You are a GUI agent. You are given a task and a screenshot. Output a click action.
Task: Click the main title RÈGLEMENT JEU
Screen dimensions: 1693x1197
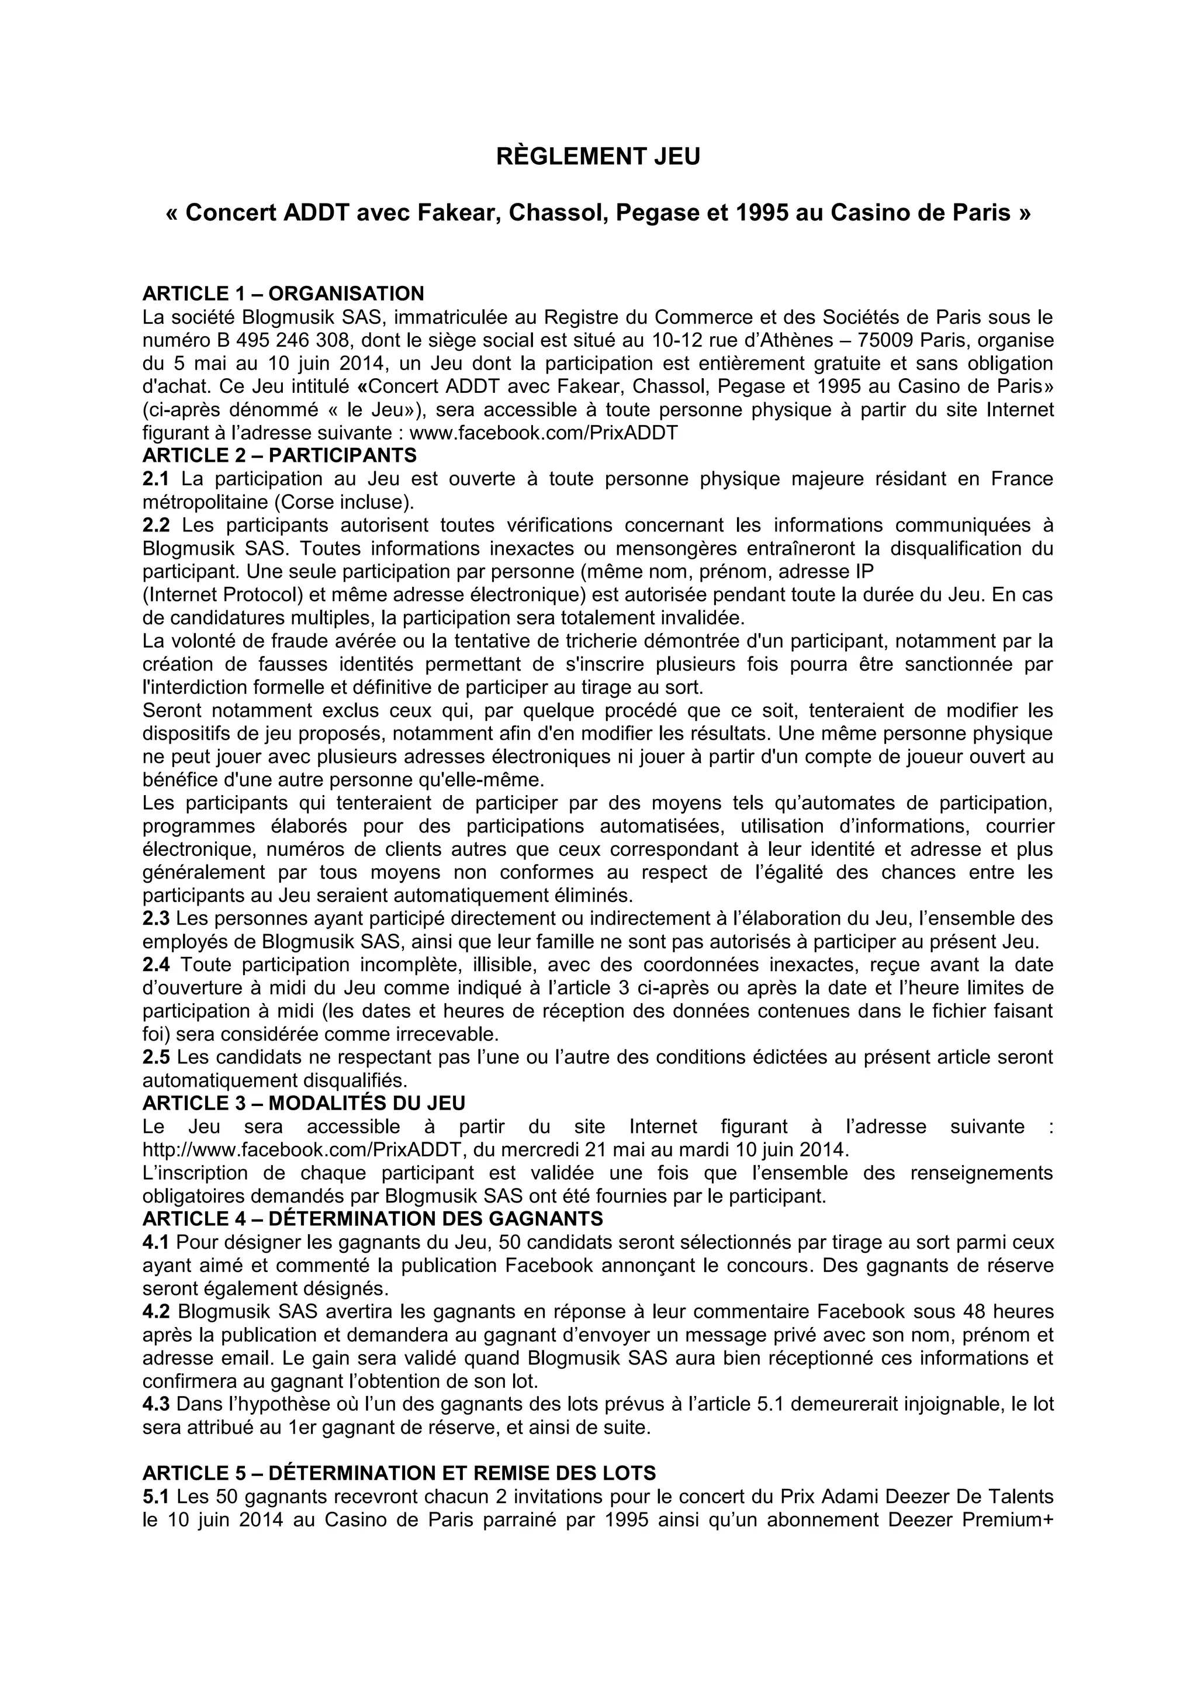598,157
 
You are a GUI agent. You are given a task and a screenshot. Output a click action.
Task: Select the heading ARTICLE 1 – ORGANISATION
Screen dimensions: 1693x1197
283,293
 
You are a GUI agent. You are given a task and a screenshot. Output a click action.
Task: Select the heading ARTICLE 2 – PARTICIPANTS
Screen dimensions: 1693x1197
279,455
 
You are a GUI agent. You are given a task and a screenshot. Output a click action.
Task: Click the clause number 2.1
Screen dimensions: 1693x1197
155,479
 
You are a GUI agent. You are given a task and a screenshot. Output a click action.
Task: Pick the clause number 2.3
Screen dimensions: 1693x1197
155,919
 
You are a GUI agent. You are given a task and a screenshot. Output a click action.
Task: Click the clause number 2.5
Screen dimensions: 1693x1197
155,1058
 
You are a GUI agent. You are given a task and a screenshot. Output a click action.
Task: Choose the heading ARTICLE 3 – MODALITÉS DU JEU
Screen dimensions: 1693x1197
304,1103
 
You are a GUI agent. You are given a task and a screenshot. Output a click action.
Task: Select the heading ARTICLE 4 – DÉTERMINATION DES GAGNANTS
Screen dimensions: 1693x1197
372,1219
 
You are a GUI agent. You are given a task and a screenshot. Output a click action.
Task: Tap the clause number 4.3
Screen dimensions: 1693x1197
155,1405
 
